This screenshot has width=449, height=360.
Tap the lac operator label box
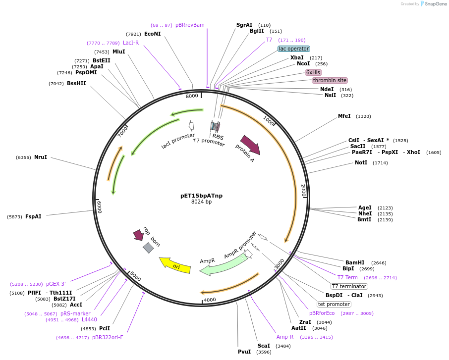(294, 49)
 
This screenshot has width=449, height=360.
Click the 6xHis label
(313, 72)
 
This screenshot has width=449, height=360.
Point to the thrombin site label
(330, 80)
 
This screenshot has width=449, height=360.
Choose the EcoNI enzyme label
(152, 34)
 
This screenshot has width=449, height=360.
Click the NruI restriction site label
(41, 157)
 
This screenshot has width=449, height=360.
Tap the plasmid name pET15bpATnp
(201, 196)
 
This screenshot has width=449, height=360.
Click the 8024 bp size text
(201, 202)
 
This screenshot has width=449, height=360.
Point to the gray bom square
(148, 248)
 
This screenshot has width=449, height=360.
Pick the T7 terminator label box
(349, 286)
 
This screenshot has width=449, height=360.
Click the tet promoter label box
(334, 304)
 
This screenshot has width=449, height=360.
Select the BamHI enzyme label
(355, 262)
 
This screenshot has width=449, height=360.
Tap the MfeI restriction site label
(344, 116)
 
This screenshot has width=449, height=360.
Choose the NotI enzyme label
(361, 162)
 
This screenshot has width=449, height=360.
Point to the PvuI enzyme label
(244, 352)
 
